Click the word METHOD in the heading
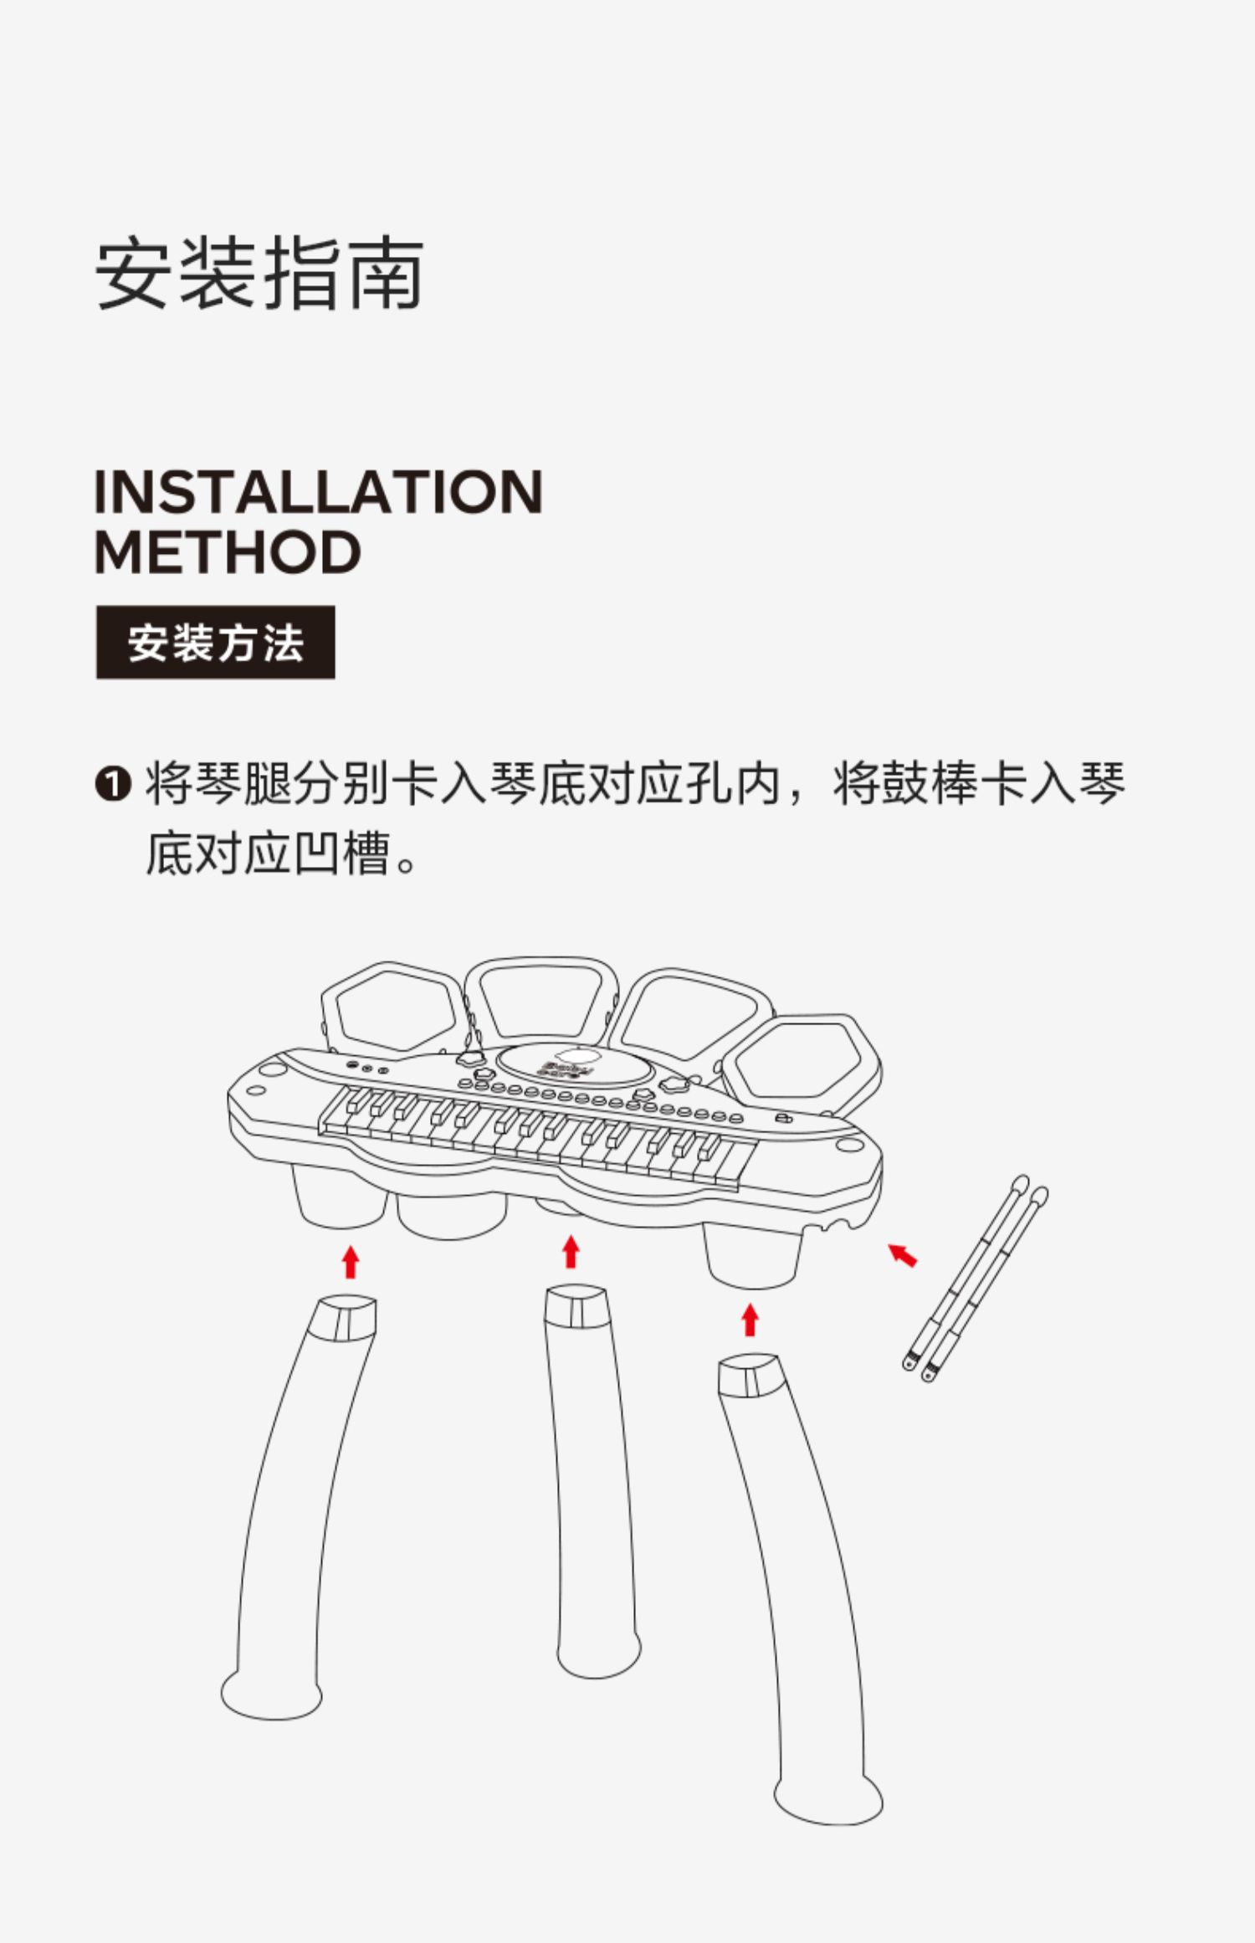point(228,553)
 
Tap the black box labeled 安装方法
point(215,643)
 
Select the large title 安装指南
point(259,274)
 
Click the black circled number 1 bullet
point(113,785)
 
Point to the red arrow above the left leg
point(351,1262)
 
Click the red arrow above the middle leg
point(571,1253)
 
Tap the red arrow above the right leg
point(750,1320)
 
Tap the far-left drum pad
point(392,1009)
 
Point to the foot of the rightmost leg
point(828,1799)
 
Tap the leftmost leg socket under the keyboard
point(339,1197)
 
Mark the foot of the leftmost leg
point(270,1694)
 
